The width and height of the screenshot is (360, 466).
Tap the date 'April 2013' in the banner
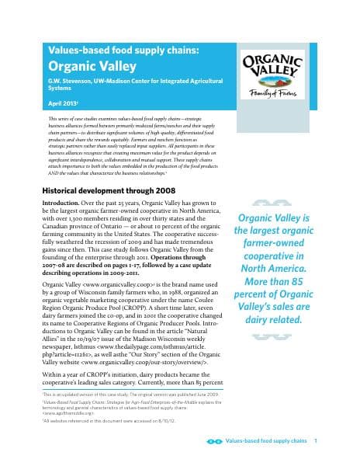64,101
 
